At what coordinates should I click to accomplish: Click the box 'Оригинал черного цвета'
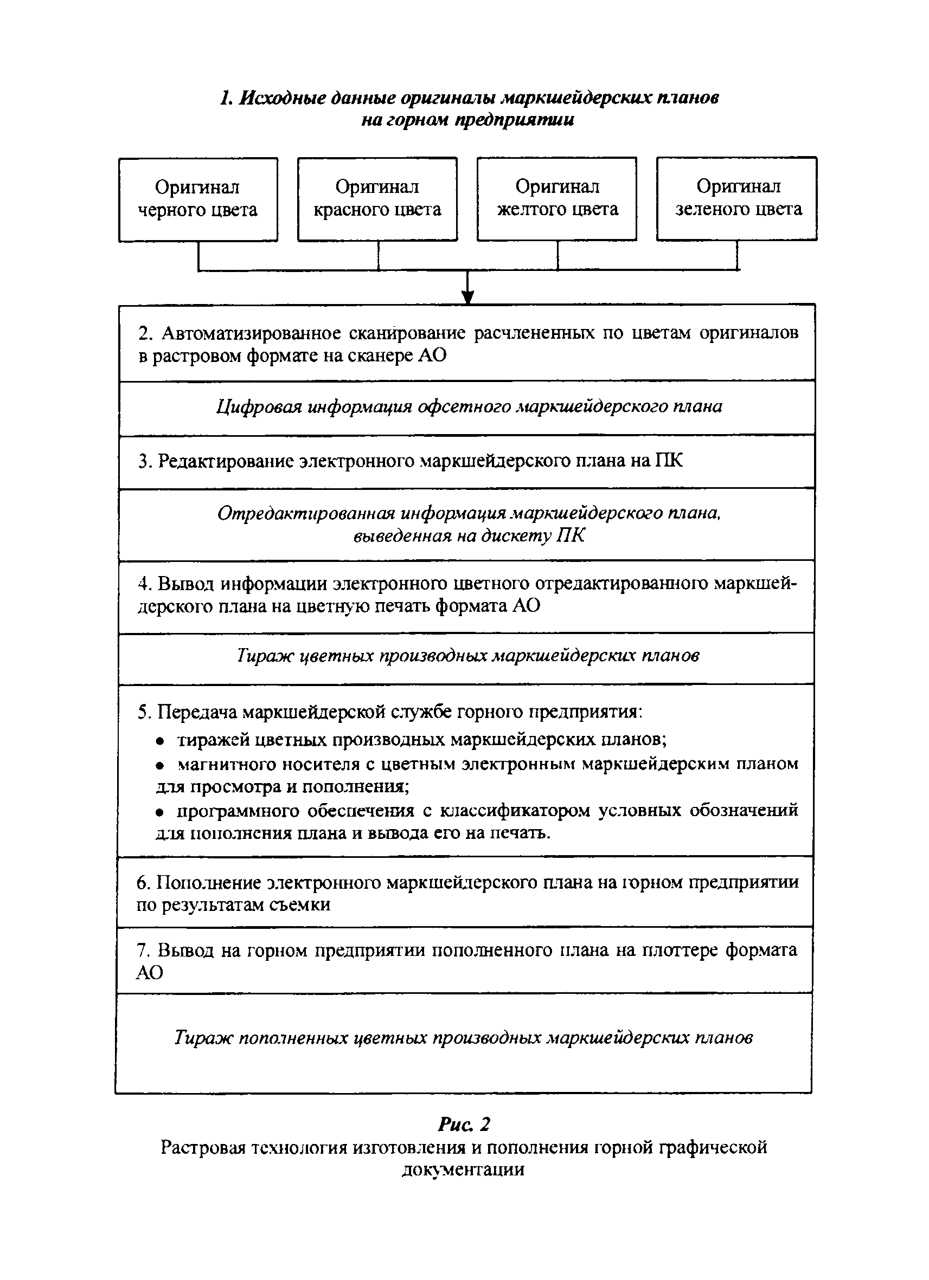click(x=197, y=199)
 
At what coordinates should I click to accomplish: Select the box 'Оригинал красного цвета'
click(x=377, y=199)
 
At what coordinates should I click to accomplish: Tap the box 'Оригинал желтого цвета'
click(x=557, y=199)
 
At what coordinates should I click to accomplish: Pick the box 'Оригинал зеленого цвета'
click(x=737, y=199)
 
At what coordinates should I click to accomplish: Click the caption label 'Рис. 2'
click(x=464, y=1124)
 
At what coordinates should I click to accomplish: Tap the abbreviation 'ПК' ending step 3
click(x=668, y=461)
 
